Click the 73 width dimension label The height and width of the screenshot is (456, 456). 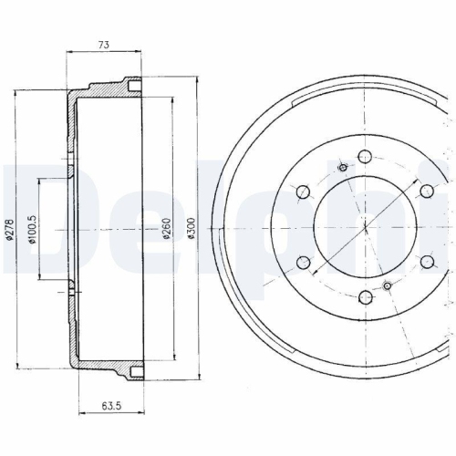pos(103,45)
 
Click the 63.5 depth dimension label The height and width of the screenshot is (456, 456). pos(111,406)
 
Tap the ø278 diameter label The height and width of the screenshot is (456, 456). pos(10,230)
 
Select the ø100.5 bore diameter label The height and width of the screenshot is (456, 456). pos(33,229)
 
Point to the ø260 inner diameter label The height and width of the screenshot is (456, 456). pos(167,228)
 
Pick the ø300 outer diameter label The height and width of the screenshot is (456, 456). pos(191,228)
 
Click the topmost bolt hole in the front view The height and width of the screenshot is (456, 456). pos(365,156)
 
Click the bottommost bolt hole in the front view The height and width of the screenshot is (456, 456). pos(366,297)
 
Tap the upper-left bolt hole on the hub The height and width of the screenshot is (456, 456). pos(303,192)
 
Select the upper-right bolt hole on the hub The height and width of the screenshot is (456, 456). pos(427,191)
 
